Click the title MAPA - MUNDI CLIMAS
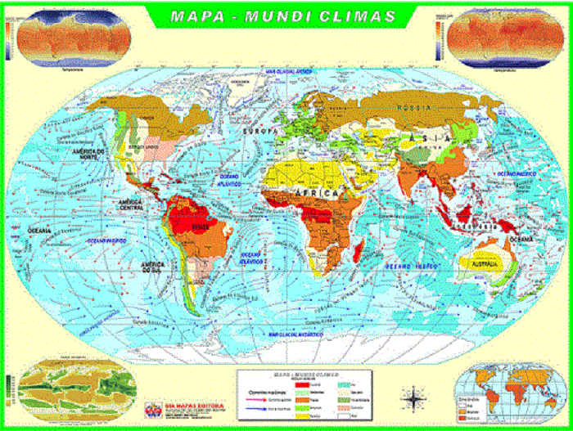pyautogui.click(x=282, y=16)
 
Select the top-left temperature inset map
pyautogui.click(x=71, y=37)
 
